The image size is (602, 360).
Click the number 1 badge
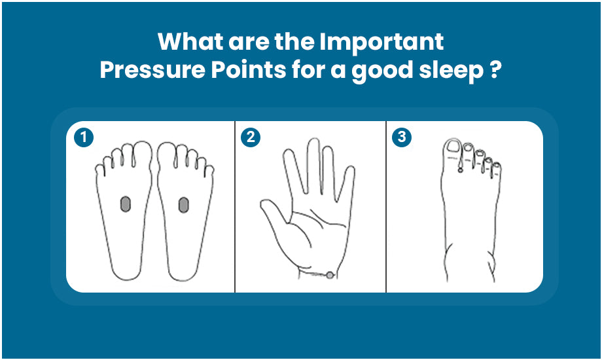pyautogui.click(x=82, y=137)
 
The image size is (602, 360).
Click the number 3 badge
pyautogui.click(x=401, y=137)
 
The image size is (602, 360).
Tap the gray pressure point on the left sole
pyautogui.click(x=124, y=205)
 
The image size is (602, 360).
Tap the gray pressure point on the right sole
pyautogui.click(x=184, y=205)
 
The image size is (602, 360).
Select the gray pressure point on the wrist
pyautogui.click(x=330, y=275)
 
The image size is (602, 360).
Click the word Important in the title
pyautogui.click(x=382, y=42)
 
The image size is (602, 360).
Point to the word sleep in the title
pyautogui.click(x=450, y=70)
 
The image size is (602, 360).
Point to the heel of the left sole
pyautogui.click(x=125, y=265)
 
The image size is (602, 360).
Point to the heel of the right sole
pyautogui.click(x=184, y=265)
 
